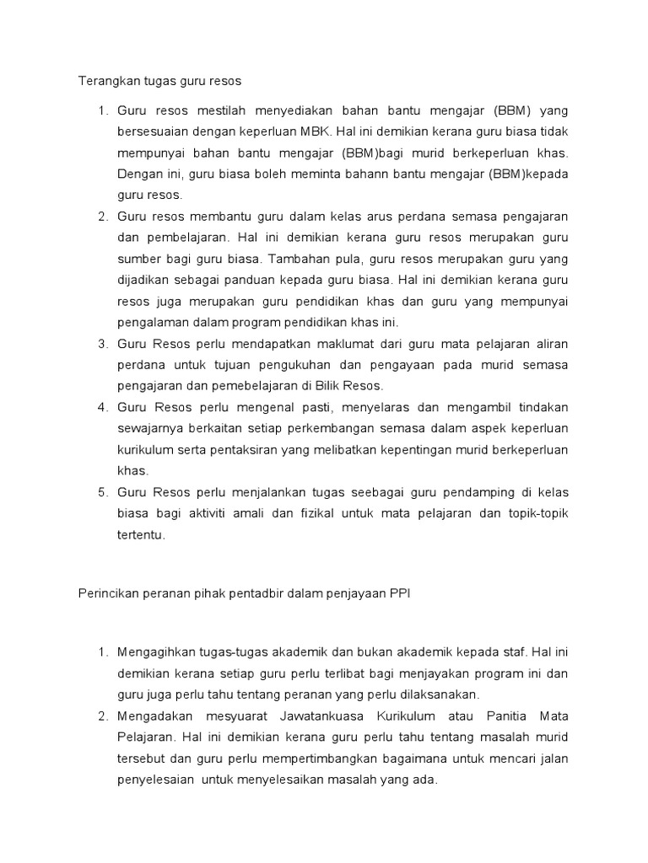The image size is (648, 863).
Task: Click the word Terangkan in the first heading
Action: pos(103,82)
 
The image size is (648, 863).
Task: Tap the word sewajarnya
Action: pos(150,428)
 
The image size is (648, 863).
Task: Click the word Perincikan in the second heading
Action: pos(105,594)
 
